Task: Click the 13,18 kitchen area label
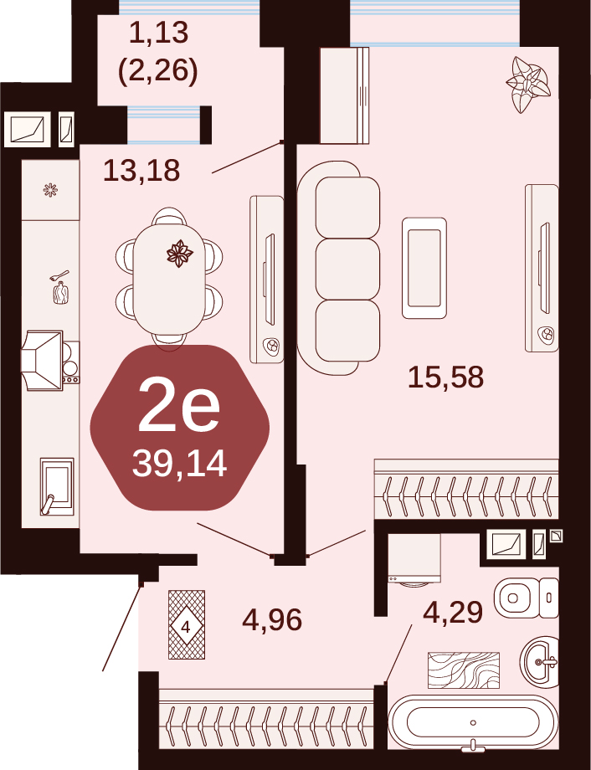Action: coord(141,171)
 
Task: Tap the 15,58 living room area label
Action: coord(445,377)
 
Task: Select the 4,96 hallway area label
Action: coord(272,619)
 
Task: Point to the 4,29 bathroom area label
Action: coord(453,613)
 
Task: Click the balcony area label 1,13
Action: coord(159,33)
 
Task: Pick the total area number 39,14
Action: coord(179,464)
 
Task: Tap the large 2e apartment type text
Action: coord(179,407)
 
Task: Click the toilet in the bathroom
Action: coord(527,598)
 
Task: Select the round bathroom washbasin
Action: coord(539,661)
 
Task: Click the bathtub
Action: coord(473,721)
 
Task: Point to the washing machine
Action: coord(414,560)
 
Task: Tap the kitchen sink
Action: coord(57,486)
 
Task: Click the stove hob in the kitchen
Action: coord(70,362)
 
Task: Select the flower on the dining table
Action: coord(179,254)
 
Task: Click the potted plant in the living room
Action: coord(528,84)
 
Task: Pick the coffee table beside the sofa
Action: coord(424,268)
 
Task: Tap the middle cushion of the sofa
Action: coord(347,269)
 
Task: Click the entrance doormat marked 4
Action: coord(186,624)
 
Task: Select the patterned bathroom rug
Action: coord(464,670)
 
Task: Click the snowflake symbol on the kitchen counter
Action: coord(50,190)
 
